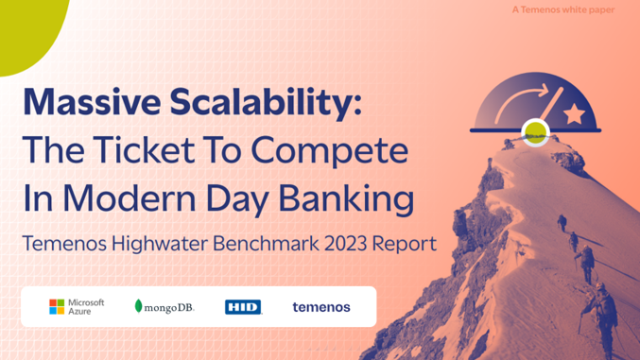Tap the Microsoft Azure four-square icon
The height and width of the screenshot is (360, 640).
58,306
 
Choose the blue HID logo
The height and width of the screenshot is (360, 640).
243,307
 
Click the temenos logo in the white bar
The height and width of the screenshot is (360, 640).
321,306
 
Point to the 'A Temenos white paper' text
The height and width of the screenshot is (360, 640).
576,10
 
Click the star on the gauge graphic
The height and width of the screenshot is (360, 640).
574,114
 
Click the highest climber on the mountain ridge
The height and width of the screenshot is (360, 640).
560,223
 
